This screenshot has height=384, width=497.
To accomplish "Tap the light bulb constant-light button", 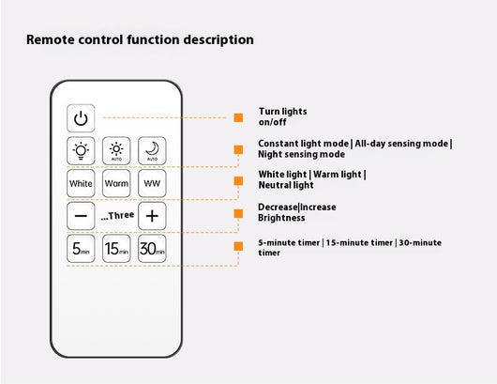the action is tap(81, 151).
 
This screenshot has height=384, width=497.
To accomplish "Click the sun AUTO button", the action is tap(116, 151).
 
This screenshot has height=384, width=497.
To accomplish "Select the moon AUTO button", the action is tap(152, 151).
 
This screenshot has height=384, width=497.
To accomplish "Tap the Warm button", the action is tap(116, 183).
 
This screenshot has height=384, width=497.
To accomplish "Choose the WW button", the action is tap(152, 183).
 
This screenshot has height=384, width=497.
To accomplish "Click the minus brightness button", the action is tap(81, 216).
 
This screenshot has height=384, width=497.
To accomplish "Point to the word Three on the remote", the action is tap(121, 216).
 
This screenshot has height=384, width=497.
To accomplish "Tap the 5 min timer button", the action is tap(81, 249).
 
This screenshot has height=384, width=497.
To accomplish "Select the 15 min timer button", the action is tap(116, 249).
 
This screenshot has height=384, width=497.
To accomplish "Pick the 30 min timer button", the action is tap(152, 249).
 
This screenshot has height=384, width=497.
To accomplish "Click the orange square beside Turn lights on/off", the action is tap(238, 117).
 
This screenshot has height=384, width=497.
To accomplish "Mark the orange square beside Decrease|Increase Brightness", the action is tap(238, 213).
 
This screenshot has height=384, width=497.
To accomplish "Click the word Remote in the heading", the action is tap(50, 39).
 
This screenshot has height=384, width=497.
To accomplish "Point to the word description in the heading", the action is tap(218, 40).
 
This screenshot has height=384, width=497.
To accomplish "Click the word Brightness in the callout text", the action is tap(281, 218).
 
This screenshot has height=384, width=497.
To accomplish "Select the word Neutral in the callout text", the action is tap(273, 185).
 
